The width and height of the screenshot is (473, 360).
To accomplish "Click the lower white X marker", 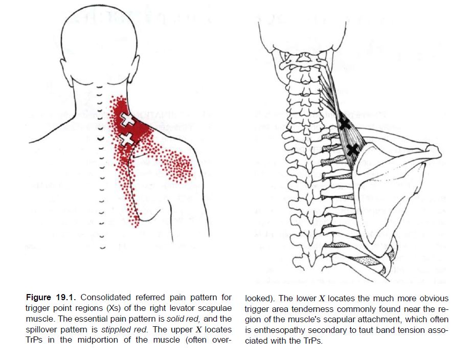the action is point(126,138).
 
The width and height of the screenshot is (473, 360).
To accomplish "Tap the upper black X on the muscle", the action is point(345,123).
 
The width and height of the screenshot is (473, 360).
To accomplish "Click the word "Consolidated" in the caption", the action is point(105,298).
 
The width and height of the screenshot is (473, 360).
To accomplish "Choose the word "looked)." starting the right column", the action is point(261,298).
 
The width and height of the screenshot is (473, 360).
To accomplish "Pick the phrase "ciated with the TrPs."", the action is point(284,341).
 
